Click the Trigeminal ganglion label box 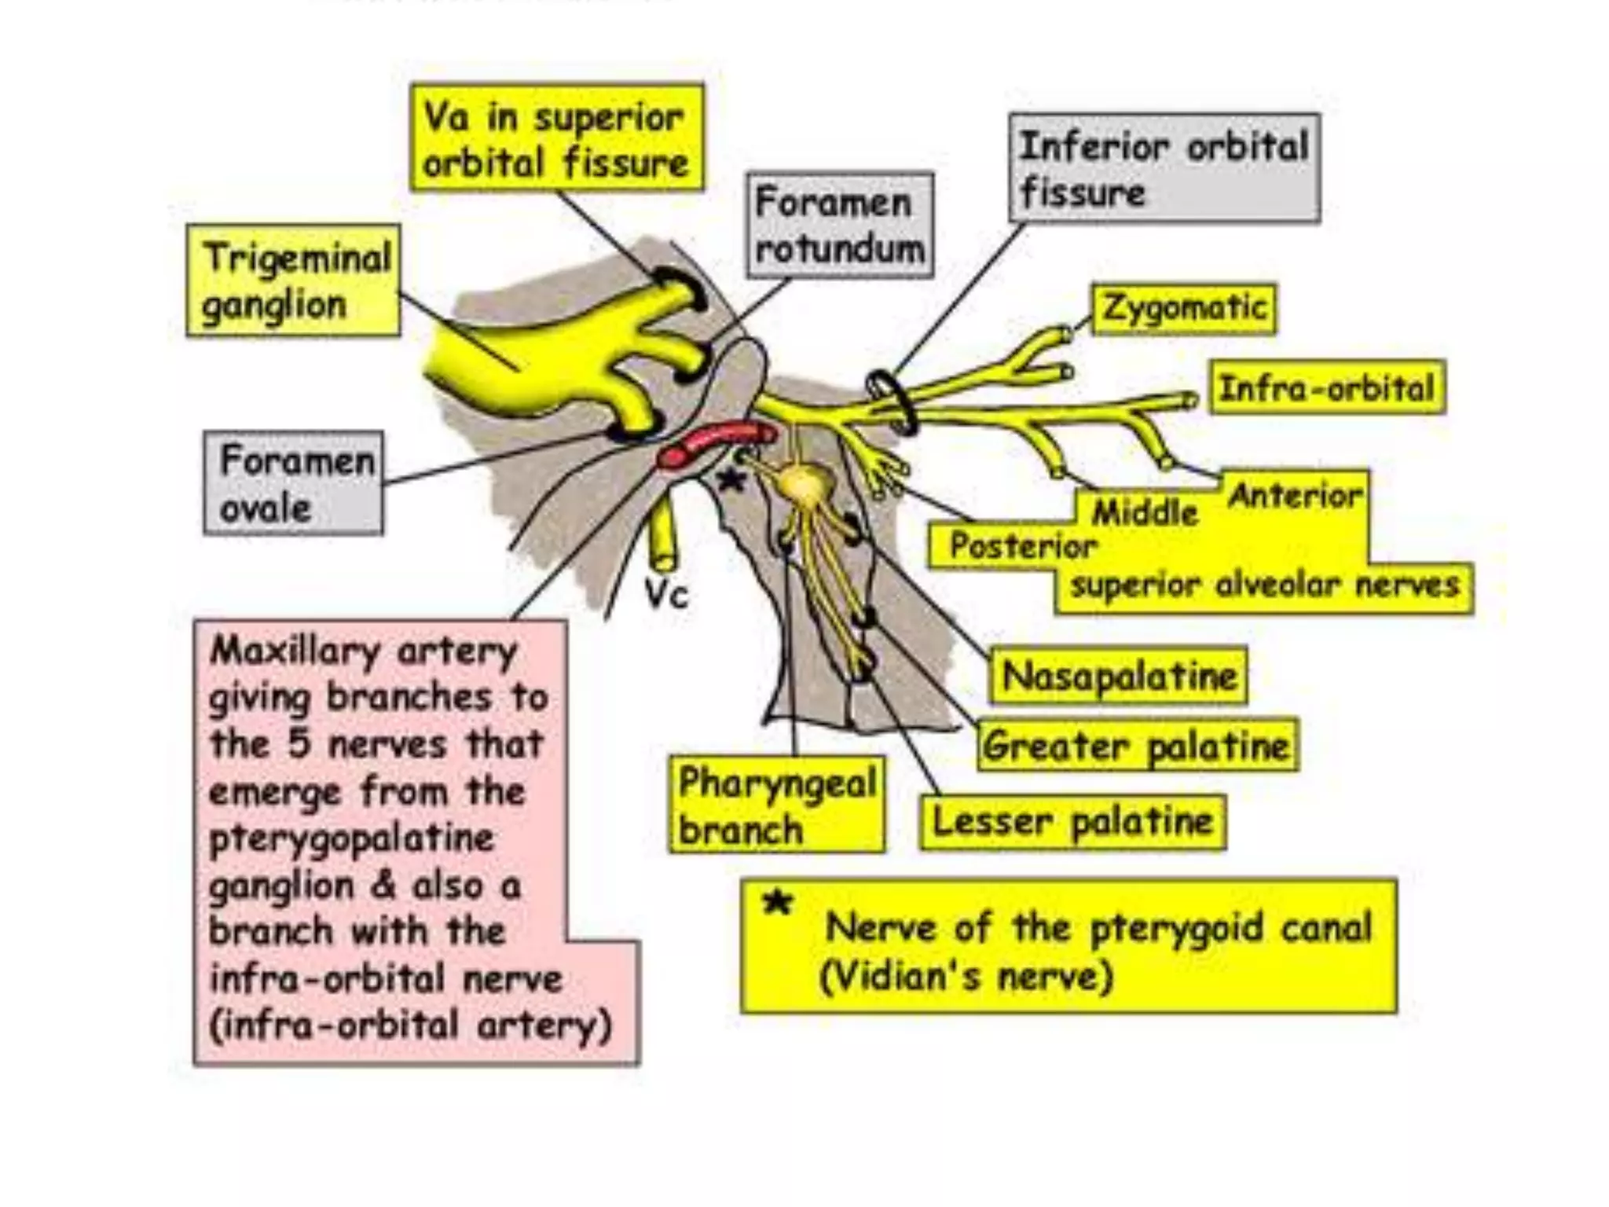[x=293, y=281]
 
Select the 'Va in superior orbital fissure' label [x=556, y=138]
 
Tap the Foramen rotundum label [x=839, y=226]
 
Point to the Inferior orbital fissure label [x=1164, y=168]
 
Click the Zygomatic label [x=1183, y=308]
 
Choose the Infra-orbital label [x=1327, y=387]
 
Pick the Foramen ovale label [x=294, y=482]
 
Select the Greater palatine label [x=1136, y=745]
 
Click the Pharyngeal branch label [x=776, y=805]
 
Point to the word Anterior [x=1295, y=496]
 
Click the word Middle [x=1145, y=513]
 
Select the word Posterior [x=1022, y=545]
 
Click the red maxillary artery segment [x=715, y=444]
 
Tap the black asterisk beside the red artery [x=732, y=479]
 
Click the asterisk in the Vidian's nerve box [x=778, y=904]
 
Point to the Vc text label [x=666, y=595]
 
